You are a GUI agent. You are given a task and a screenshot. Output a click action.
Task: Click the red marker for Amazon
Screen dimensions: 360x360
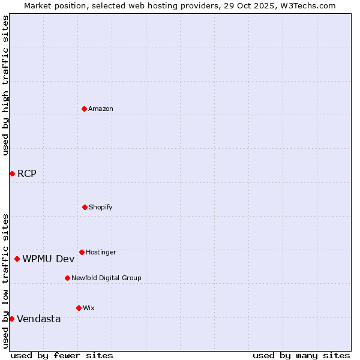point(84,109)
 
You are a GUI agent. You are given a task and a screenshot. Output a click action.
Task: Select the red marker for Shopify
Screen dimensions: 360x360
point(85,207)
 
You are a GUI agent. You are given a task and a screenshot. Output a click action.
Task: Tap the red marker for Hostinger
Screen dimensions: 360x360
point(82,252)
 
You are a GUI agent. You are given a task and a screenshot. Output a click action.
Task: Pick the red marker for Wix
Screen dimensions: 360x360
point(79,308)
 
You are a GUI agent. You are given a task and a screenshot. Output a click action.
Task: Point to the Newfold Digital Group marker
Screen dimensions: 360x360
point(67,278)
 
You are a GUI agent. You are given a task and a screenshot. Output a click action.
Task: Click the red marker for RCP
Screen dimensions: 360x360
point(12,173)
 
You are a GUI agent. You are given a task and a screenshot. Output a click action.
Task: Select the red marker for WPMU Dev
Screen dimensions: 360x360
point(17,259)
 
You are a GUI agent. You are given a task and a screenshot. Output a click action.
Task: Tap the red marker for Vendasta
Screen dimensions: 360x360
point(11,319)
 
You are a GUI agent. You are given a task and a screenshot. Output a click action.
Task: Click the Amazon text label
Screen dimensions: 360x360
point(101,109)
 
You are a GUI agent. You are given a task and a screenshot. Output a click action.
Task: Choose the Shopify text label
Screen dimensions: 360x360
point(101,207)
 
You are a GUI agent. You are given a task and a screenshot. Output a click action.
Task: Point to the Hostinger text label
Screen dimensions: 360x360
point(101,252)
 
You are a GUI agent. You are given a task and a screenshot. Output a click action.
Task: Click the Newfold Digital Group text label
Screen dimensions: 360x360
point(106,278)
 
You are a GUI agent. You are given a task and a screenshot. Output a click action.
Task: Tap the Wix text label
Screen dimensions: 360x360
point(89,308)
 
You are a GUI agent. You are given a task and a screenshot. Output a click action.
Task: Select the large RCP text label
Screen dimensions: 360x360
point(27,174)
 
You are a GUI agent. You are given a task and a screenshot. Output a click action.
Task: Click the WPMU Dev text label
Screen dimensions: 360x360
point(49,259)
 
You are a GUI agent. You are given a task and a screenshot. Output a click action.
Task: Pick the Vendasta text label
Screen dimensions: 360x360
point(39,319)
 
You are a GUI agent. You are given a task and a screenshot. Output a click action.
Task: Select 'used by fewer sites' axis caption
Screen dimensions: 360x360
point(62,355)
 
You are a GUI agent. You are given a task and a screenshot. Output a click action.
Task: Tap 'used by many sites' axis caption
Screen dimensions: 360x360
point(301,355)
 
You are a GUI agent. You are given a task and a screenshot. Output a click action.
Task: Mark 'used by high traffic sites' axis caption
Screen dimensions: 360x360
point(5,85)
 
